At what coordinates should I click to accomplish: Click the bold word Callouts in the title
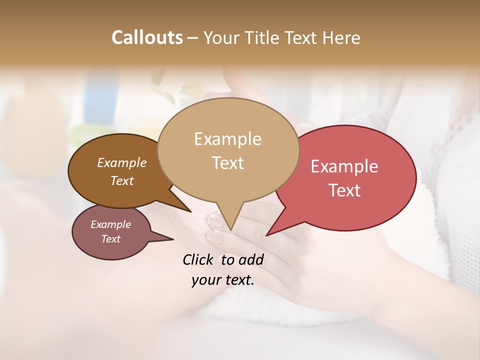coord(147,37)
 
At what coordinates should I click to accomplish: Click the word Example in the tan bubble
coord(227,139)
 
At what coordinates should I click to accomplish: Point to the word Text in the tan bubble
coord(227,163)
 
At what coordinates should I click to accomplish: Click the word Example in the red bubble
coord(344,166)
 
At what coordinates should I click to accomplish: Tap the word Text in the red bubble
coord(344,190)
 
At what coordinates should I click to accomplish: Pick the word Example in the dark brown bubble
coord(121,162)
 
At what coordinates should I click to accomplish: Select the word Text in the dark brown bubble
coord(121,180)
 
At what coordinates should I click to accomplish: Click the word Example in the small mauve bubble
coord(110,224)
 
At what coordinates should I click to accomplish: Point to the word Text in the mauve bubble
coord(110,239)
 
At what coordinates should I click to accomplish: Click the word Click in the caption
coord(198,259)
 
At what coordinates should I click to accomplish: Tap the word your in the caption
coord(205,280)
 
